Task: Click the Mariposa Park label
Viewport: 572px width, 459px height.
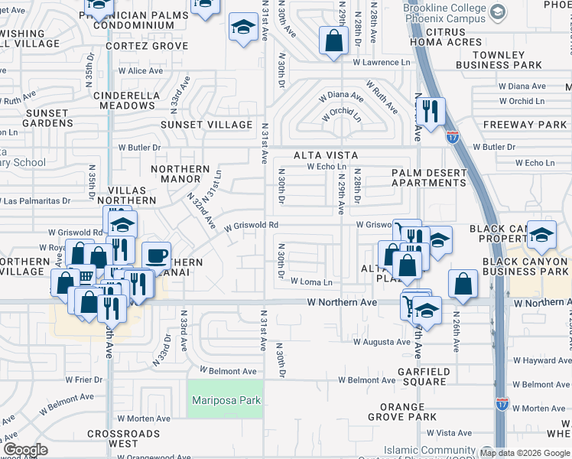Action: coord(225,400)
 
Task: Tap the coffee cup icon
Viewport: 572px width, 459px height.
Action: coord(157,256)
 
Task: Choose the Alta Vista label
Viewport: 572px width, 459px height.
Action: coord(326,155)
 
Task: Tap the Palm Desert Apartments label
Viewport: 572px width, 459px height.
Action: coord(428,177)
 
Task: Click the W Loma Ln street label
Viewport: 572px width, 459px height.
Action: coord(311,282)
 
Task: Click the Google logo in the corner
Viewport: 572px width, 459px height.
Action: coord(25,450)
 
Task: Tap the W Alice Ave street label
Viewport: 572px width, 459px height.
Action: coord(140,70)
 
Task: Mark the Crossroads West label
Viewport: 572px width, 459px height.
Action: coord(123,438)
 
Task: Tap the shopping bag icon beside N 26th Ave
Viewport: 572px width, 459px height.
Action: coord(463,285)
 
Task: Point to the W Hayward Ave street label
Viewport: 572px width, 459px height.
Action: coord(541,360)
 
